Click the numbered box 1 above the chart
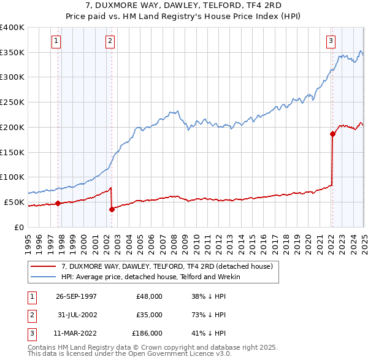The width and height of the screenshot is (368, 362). pos(56,41)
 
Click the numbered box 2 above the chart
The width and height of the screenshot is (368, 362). pos(110,41)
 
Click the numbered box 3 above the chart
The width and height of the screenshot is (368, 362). pos(331,41)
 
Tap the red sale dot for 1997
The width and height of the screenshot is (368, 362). pos(58,203)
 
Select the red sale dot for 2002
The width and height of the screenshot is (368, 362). pos(112,209)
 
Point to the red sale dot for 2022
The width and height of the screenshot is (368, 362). pos(332,134)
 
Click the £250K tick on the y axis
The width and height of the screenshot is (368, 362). pos(12,102)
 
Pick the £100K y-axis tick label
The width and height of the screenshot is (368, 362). pos(12,177)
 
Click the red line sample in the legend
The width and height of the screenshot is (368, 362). pos(44,266)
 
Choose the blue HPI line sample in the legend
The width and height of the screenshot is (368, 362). pos(44,277)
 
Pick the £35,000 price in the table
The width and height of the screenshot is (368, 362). pos(149,315)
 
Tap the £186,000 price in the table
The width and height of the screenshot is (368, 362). pos(147,334)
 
